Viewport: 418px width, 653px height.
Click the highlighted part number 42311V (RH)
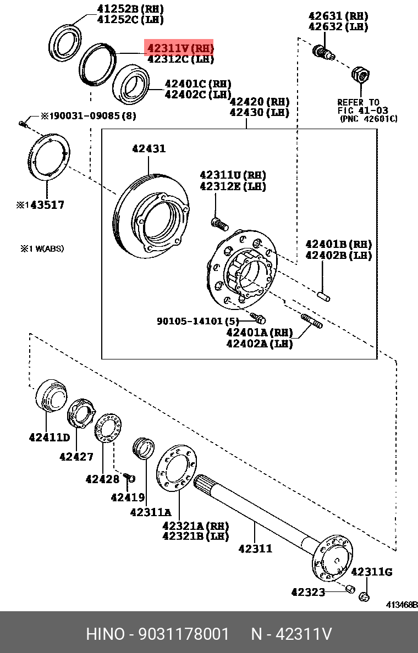click(179, 48)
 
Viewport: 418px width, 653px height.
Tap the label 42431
click(148, 148)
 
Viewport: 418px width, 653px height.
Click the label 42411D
click(49, 438)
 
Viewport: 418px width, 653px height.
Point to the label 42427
click(76, 456)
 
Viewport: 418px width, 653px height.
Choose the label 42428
click(102, 479)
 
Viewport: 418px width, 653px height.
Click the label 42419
click(128, 497)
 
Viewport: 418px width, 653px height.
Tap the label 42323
click(308, 592)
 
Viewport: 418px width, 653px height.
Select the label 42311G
click(371, 572)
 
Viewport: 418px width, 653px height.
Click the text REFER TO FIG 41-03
click(359, 106)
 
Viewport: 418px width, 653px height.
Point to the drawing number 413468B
click(401, 605)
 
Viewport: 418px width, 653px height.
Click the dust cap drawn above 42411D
click(50, 395)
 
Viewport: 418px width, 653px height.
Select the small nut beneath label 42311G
click(364, 596)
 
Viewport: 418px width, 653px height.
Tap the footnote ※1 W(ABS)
click(42, 248)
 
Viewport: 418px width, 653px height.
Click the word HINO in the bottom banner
click(105, 634)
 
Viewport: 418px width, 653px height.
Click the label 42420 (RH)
click(259, 102)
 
